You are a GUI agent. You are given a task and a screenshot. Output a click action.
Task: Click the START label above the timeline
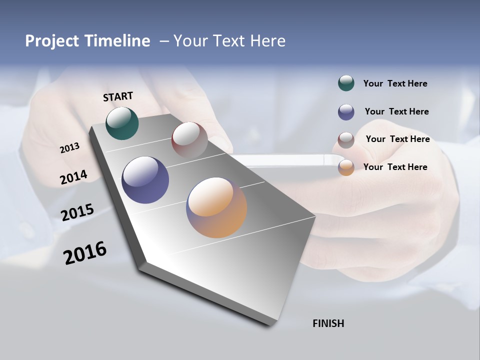coord(118,96)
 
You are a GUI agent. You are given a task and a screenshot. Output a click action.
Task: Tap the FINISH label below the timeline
coord(328,323)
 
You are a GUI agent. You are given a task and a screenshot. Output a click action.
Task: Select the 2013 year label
coord(69,148)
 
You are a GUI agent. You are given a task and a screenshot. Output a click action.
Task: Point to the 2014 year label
coord(73,177)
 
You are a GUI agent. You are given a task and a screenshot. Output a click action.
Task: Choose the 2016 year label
coord(85,253)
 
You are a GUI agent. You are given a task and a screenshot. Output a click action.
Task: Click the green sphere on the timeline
coord(122,123)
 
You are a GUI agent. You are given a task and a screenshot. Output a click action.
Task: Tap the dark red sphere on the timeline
coord(189,140)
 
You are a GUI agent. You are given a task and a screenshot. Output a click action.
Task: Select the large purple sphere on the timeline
coord(145,180)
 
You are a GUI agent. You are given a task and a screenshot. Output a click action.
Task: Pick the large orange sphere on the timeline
coord(216,207)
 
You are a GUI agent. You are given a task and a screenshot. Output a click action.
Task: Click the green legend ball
coord(346,83)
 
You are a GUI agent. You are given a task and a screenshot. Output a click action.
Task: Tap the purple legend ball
coord(346,112)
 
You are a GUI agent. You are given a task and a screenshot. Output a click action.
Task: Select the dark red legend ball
coord(346,140)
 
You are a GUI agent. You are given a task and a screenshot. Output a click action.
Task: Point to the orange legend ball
coord(346,167)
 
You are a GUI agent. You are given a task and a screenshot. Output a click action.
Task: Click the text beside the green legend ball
coord(395,83)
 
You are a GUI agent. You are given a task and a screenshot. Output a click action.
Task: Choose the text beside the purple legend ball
coord(396,111)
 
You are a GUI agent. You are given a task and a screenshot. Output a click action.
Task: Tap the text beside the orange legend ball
coord(395,167)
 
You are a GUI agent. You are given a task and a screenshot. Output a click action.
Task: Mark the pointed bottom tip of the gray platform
coord(270,325)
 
